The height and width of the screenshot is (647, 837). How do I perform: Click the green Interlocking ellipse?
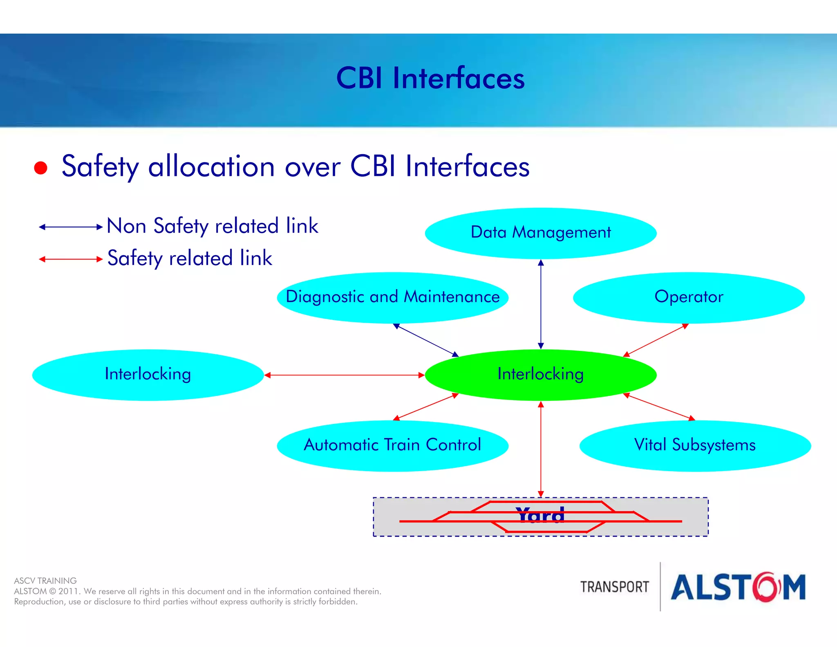tap(540, 375)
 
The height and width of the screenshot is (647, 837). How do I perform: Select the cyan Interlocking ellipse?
tap(148, 375)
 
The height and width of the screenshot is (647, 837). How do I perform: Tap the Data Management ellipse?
tap(540, 233)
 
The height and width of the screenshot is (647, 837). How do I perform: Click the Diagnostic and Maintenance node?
tap(392, 297)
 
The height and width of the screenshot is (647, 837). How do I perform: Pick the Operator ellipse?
tap(689, 297)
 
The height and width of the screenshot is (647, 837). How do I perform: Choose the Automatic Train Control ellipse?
tap(392, 445)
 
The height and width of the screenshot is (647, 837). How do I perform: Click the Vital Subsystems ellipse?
tap(695, 445)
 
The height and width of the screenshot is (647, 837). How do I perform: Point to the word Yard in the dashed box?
tap(540, 516)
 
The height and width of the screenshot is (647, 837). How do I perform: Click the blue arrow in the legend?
tap(70, 227)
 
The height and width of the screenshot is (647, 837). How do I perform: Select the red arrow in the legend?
tap(70, 259)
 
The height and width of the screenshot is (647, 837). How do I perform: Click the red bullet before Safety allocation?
tap(40, 168)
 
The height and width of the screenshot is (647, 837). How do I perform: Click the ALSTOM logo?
tap(738, 587)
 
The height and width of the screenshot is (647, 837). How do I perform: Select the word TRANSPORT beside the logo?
tap(614, 587)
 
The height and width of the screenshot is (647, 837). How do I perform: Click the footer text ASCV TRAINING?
tap(45, 581)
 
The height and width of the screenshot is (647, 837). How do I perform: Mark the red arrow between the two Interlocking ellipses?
tap(344, 375)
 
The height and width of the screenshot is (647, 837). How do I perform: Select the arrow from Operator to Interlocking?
tap(656, 340)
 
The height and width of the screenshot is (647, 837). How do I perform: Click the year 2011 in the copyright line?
tap(69, 591)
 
